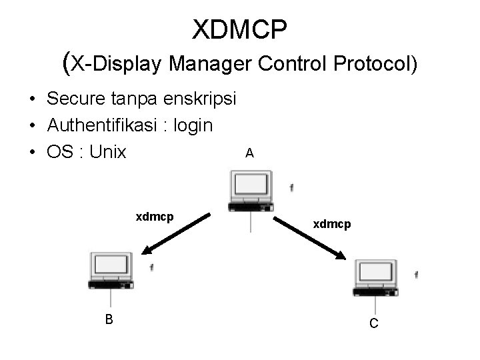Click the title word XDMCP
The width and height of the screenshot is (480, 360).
pyautogui.click(x=239, y=30)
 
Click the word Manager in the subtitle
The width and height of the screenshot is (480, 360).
pyautogui.click(x=209, y=64)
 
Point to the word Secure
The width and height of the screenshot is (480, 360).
pyautogui.click(x=75, y=99)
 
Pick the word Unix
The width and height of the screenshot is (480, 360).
pyautogui.click(x=107, y=152)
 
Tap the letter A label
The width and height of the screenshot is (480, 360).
pyautogui.click(x=249, y=153)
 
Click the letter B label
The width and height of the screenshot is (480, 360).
pyautogui.click(x=109, y=319)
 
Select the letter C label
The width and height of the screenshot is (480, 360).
pyautogui.click(x=374, y=323)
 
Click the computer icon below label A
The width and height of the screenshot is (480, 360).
pyautogui.click(x=250, y=191)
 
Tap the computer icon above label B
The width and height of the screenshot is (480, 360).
pyautogui.click(x=111, y=270)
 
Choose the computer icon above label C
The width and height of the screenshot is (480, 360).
pyautogui.click(x=376, y=277)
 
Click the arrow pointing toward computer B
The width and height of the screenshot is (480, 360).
pyautogui.click(x=176, y=234)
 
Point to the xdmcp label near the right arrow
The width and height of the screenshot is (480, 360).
pyautogui.click(x=332, y=225)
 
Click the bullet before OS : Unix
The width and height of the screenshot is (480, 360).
pyautogui.click(x=33, y=153)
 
